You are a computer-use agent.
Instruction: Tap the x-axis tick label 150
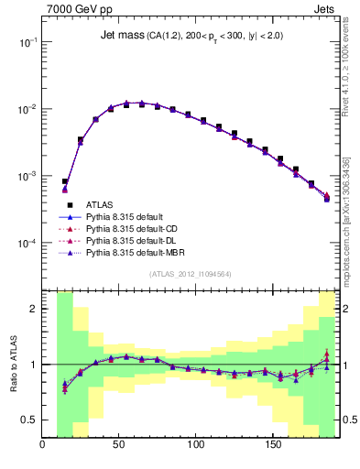(x=272, y=446)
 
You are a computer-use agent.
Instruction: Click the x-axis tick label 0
(x=43, y=446)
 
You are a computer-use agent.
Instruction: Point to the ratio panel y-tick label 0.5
(x=29, y=420)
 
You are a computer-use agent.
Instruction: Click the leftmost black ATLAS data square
(x=65, y=181)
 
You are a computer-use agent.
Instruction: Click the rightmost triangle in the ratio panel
(x=327, y=360)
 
